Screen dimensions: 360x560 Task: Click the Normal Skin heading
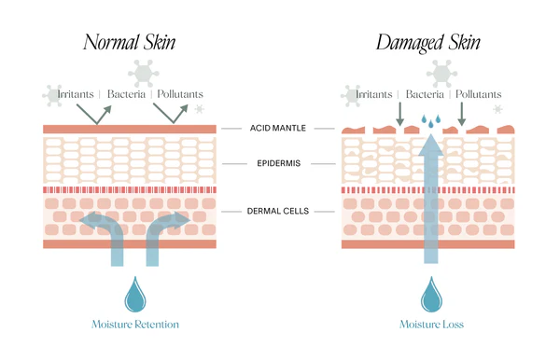tap(130, 42)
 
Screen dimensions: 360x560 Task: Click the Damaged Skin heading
tap(429, 42)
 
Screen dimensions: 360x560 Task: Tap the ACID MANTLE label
tap(279, 128)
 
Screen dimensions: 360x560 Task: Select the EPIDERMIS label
tap(279, 162)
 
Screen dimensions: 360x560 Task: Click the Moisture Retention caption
tap(135, 325)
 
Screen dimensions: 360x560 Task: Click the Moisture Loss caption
tap(430, 325)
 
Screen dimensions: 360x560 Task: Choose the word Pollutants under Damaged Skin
tap(479, 94)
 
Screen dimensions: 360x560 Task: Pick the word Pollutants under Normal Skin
tap(180, 94)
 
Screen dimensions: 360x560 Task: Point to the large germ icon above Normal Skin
tap(144, 72)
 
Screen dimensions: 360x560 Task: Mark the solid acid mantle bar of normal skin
tap(130, 128)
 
